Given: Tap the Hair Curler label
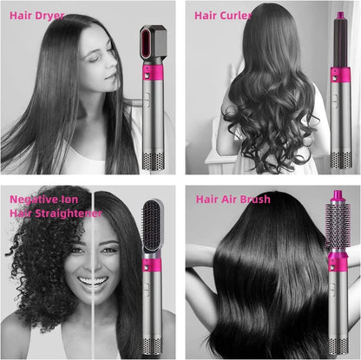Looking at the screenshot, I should (x=223, y=16).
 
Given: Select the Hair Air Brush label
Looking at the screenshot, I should (x=233, y=200).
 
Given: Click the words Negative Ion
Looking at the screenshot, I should (x=43, y=199).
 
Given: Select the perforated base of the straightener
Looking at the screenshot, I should (x=155, y=345).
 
